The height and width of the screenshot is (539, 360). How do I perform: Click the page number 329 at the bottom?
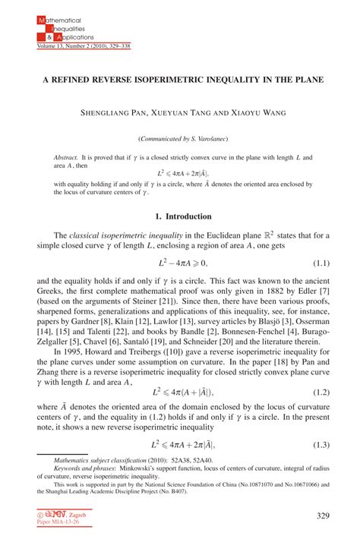(324, 516)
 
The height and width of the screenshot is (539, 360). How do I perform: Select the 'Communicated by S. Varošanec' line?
(180, 139)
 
